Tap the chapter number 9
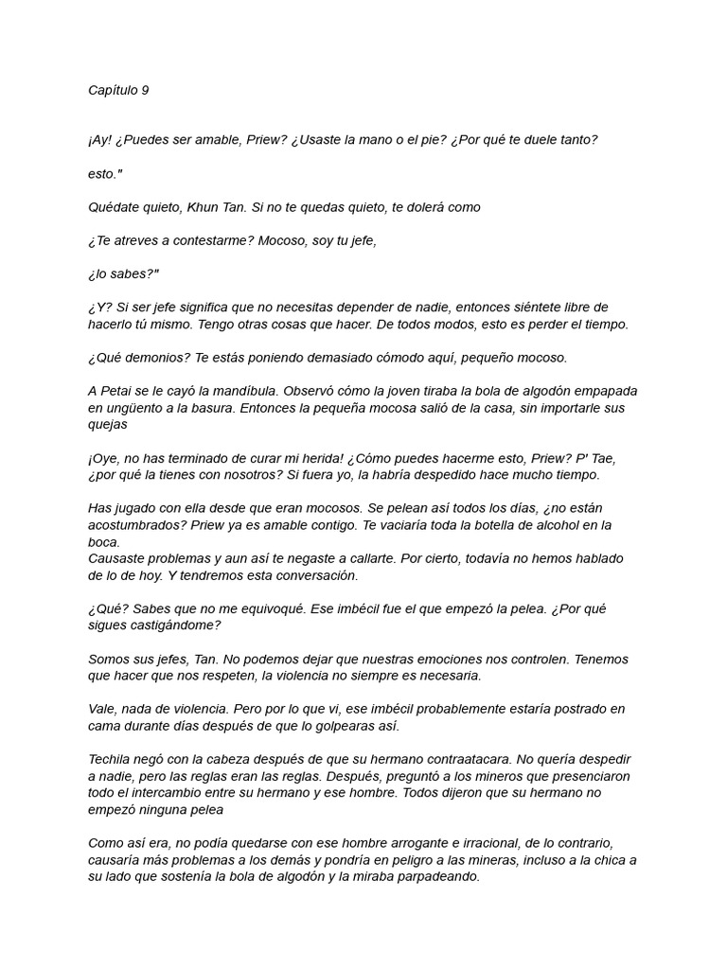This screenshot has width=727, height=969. [x=146, y=91]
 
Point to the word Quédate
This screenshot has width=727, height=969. [x=115, y=207]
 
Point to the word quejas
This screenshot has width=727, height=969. [x=108, y=425]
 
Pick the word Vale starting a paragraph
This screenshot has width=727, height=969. [x=101, y=709]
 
